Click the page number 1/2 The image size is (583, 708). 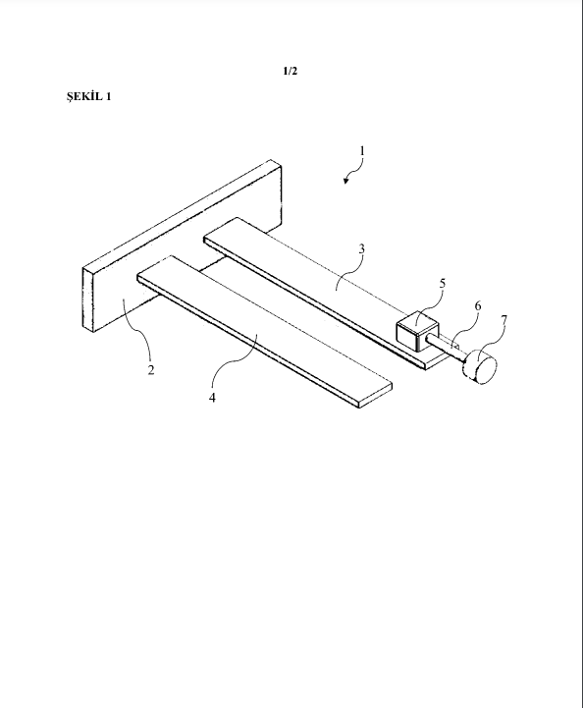point(291,71)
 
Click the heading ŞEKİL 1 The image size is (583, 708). point(89,96)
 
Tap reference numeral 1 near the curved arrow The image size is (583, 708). point(361,150)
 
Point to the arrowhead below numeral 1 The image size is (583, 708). point(346,181)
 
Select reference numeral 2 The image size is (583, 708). point(151,370)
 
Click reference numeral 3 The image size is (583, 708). point(361,248)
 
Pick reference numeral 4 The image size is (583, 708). point(212,398)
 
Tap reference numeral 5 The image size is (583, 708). point(443,284)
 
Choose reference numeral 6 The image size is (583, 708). point(477,306)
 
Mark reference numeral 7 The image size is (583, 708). point(504,320)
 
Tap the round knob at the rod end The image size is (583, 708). point(480,367)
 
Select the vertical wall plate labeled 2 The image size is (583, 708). point(183,245)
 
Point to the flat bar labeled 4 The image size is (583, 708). point(264,332)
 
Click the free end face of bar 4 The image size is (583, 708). point(376,396)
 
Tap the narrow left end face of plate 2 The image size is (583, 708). point(87,299)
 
